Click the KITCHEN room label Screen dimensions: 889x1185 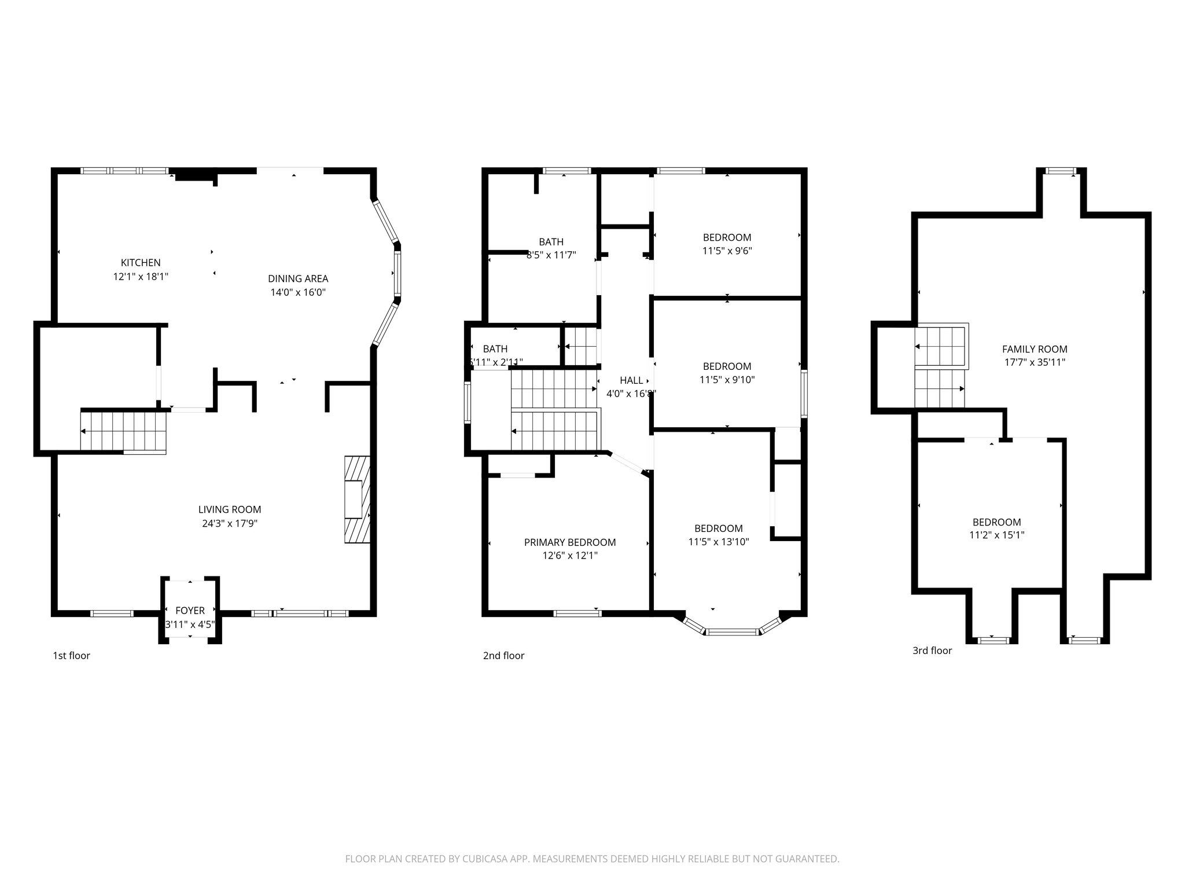click(141, 263)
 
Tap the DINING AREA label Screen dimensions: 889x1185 click(298, 278)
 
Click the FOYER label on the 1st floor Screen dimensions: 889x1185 click(190, 611)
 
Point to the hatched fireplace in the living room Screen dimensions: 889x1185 click(356, 499)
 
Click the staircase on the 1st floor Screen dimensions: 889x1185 click(124, 431)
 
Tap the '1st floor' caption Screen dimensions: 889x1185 click(71, 655)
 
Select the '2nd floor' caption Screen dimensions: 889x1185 click(503, 655)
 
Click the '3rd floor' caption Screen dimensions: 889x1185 click(932, 650)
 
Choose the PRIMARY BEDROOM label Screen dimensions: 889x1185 click(569, 542)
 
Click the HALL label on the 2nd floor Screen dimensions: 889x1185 click(631, 380)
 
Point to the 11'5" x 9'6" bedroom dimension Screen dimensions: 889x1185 click(727, 251)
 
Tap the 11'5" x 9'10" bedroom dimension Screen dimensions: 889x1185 click(727, 380)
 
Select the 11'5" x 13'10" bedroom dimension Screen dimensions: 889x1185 click(718, 542)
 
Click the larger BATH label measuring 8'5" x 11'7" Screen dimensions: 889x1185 click(551, 242)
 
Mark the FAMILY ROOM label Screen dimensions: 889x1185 click(1034, 349)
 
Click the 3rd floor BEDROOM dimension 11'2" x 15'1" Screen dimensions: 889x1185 click(996, 535)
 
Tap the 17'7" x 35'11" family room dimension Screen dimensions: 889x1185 click(1034, 362)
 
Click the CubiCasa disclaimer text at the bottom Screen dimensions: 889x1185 click(592, 859)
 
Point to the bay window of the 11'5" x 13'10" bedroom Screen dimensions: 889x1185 click(732, 631)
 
